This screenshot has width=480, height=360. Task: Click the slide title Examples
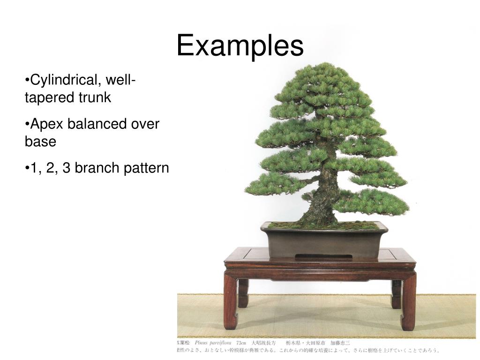click(x=240, y=46)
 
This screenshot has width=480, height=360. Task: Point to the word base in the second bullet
click(x=40, y=142)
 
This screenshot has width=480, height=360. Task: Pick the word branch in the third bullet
click(x=97, y=168)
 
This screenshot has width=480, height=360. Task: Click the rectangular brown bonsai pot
click(x=324, y=241)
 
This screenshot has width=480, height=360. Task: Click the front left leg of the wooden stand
click(x=231, y=302)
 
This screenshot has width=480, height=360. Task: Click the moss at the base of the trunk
click(x=323, y=225)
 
